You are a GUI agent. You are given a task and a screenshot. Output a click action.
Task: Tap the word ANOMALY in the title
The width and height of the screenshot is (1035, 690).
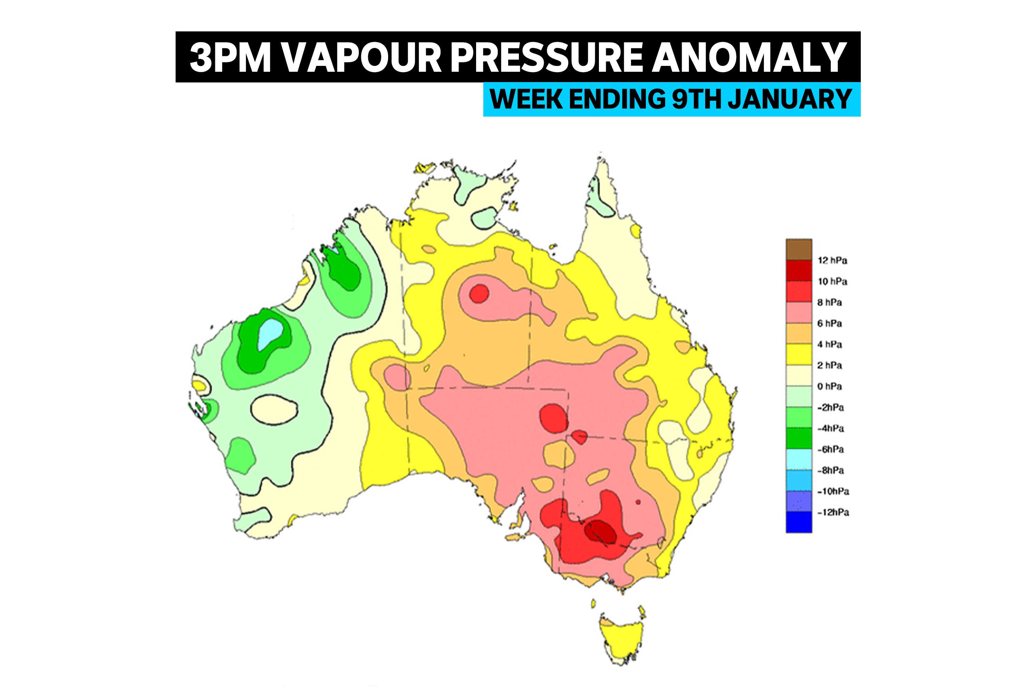(x=748, y=58)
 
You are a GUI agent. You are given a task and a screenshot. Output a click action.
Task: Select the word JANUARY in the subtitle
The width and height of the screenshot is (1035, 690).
(x=790, y=99)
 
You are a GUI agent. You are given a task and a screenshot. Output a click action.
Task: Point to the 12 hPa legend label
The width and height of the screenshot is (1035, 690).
(x=832, y=260)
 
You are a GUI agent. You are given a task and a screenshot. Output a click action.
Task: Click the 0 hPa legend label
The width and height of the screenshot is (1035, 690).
(x=829, y=386)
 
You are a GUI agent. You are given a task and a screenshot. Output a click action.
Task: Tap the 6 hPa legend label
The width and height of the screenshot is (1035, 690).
(x=829, y=324)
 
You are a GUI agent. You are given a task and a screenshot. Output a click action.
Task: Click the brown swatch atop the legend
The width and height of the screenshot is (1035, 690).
(x=799, y=249)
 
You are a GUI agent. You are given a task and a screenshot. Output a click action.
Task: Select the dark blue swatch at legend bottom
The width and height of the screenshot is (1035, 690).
(x=799, y=522)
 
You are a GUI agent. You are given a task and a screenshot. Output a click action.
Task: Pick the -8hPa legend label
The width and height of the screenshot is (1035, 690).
(x=831, y=471)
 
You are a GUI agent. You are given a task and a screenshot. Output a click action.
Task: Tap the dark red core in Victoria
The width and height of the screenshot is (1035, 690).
(x=601, y=532)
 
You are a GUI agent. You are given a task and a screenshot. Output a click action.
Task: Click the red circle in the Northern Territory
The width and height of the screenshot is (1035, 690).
(x=479, y=293)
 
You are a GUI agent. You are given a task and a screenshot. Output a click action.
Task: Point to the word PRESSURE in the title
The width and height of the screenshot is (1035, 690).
(x=546, y=58)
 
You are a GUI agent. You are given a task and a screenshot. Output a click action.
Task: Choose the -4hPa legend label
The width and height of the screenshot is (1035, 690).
(x=831, y=428)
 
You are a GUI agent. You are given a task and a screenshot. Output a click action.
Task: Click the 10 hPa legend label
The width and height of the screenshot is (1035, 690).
(x=832, y=282)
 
